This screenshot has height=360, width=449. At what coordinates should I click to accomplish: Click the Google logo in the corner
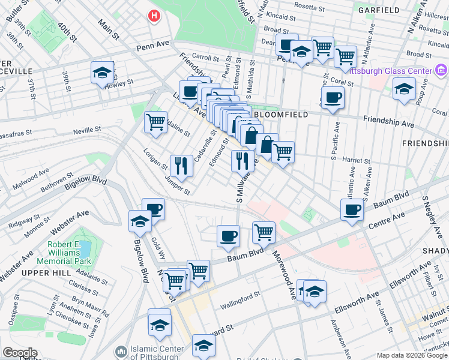click(x=20, y=353)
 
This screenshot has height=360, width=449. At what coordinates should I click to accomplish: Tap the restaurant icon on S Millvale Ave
click(x=242, y=160)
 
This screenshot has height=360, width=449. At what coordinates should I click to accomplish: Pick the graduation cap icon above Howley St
click(x=103, y=72)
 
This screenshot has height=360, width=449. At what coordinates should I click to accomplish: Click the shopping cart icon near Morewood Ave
click(x=264, y=231)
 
